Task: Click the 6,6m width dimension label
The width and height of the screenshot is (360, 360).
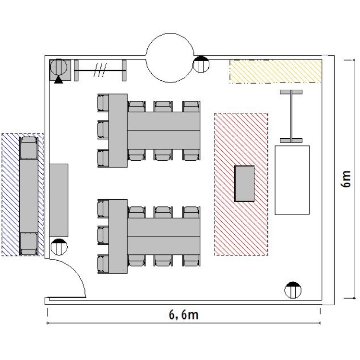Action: (x=184, y=315)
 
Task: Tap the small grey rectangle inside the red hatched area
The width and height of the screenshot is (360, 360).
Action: (x=244, y=184)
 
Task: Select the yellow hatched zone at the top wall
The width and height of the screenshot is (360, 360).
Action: (x=276, y=71)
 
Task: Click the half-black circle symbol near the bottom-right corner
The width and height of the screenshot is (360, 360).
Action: (x=293, y=290)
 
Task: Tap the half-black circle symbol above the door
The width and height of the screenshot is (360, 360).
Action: (x=59, y=247)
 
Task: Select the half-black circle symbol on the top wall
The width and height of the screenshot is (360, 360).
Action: (x=201, y=64)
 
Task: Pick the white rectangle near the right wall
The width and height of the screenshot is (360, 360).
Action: (x=292, y=180)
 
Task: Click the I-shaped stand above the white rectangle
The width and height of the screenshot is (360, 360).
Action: (x=291, y=116)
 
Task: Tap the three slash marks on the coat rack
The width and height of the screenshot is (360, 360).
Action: (x=100, y=70)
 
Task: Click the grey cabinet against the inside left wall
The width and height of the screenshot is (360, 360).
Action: (x=59, y=200)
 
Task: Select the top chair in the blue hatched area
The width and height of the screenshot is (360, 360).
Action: (x=29, y=148)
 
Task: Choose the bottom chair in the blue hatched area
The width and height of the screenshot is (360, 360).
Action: (x=29, y=244)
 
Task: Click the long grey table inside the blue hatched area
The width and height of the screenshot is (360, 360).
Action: (x=29, y=196)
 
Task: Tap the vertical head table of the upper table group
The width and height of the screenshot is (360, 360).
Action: (x=118, y=131)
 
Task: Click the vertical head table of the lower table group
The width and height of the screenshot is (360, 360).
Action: (x=118, y=236)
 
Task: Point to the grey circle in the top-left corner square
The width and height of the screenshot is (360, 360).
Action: (x=59, y=67)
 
